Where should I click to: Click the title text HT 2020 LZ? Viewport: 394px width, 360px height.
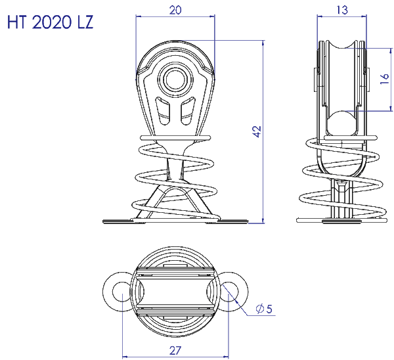point(51,23)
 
